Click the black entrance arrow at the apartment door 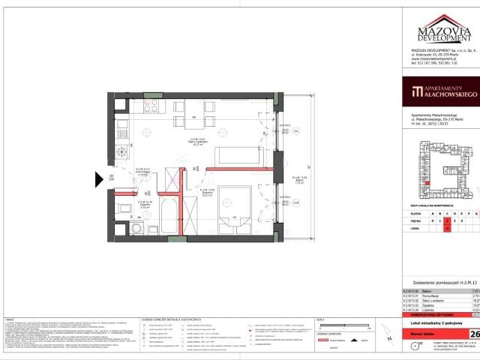point(99,178)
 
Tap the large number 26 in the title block point(474,333)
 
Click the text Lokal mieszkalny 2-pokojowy point(442,320)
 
